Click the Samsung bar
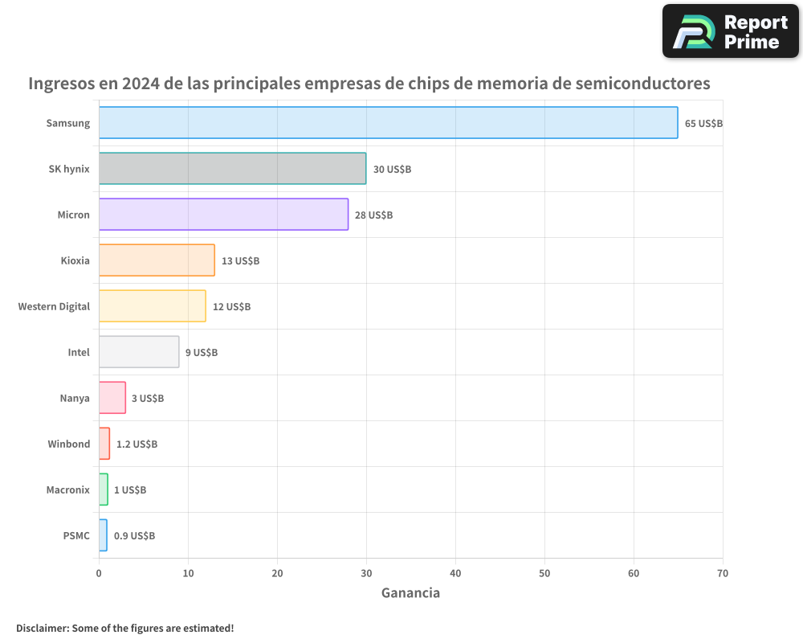pyautogui.click(x=388, y=123)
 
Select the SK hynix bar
pyautogui.click(x=232, y=169)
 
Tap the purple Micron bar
pyautogui.click(x=223, y=215)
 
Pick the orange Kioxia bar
pyautogui.click(x=157, y=260)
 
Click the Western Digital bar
pyautogui.click(x=152, y=306)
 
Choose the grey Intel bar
pyautogui.click(x=139, y=352)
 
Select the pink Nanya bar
pyautogui.click(x=112, y=398)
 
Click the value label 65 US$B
pyautogui.click(x=704, y=124)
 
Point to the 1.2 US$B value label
pyautogui.click(x=137, y=444)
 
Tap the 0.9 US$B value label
pyautogui.click(x=134, y=535)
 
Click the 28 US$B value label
pyautogui.click(x=373, y=215)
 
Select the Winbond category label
pyautogui.click(x=68, y=444)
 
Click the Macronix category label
pyautogui.click(x=67, y=489)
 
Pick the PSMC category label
pyautogui.click(x=76, y=535)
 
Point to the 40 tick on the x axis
pyautogui.click(x=455, y=573)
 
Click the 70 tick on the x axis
pyautogui.click(x=723, y=573)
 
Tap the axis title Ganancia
pyautogui.click(x=410, y=593)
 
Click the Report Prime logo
pyautogui.click(x=730, y=31)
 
